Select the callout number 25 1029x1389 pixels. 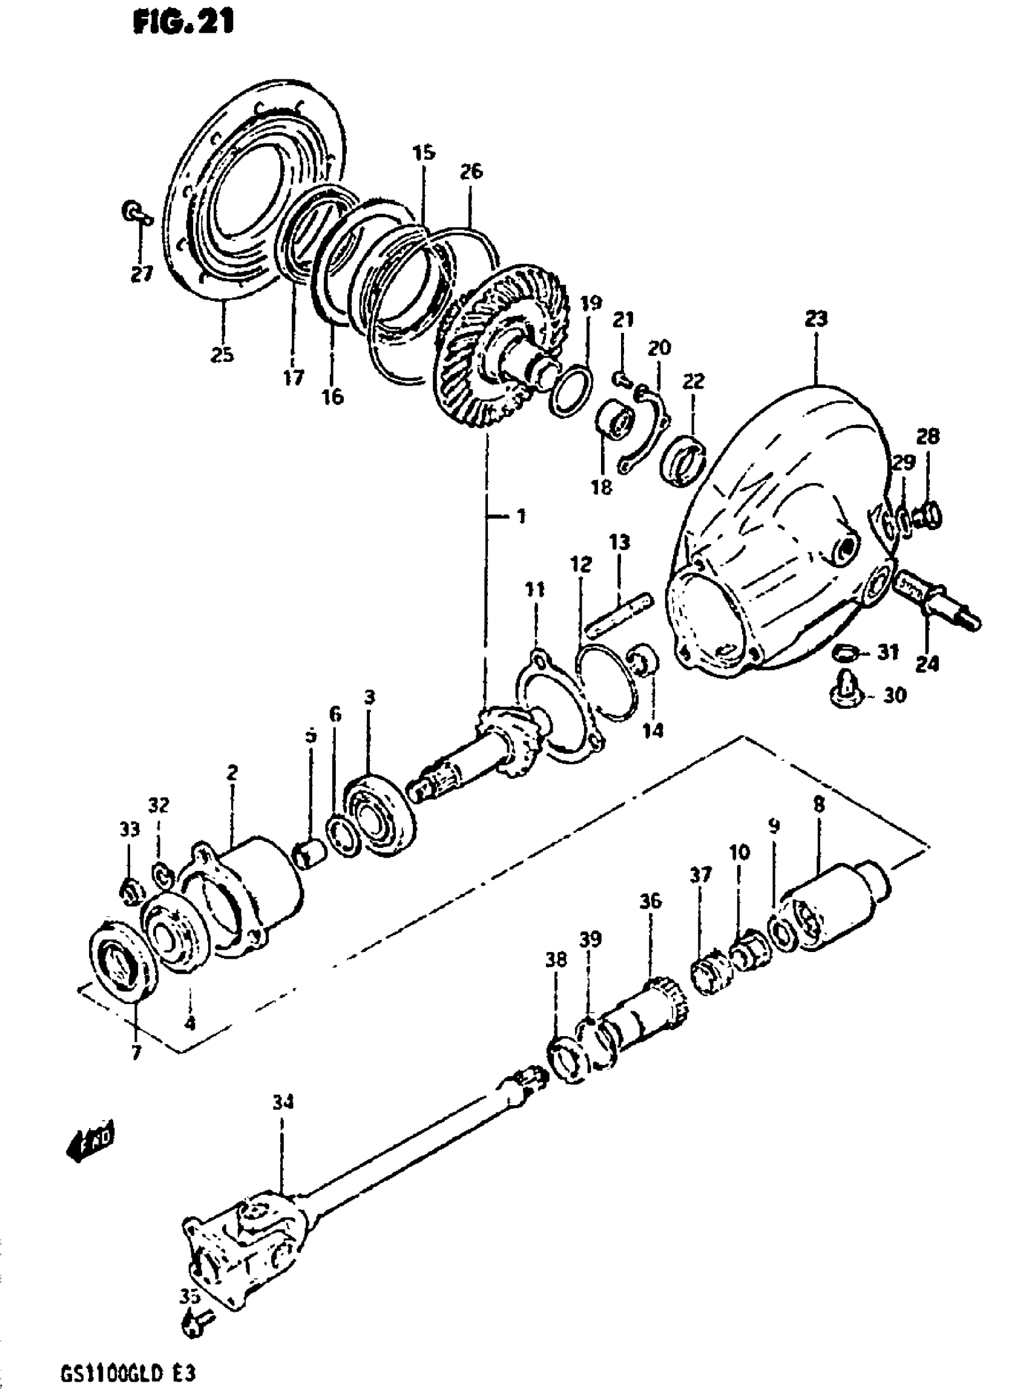pyautogui.click(x=222, y=355)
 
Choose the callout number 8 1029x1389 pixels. pyautogui.click(x=818, y=806)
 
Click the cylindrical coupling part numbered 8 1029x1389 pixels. pyautogui.click(x=835, y=910)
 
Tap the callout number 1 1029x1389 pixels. pyautogui.click(x=521, y=516)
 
